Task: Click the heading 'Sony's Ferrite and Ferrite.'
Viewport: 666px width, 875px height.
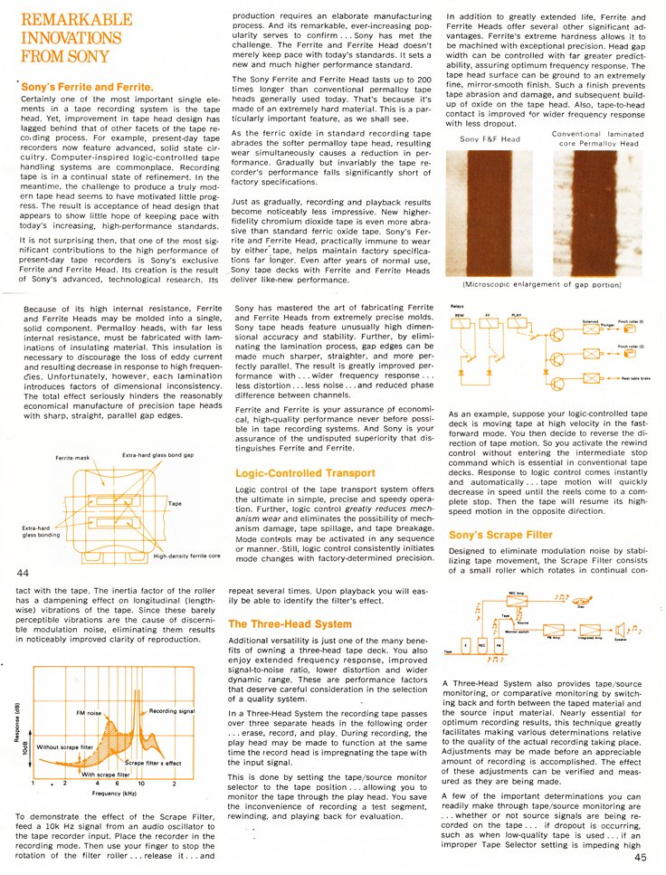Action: (x=88, y=88)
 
